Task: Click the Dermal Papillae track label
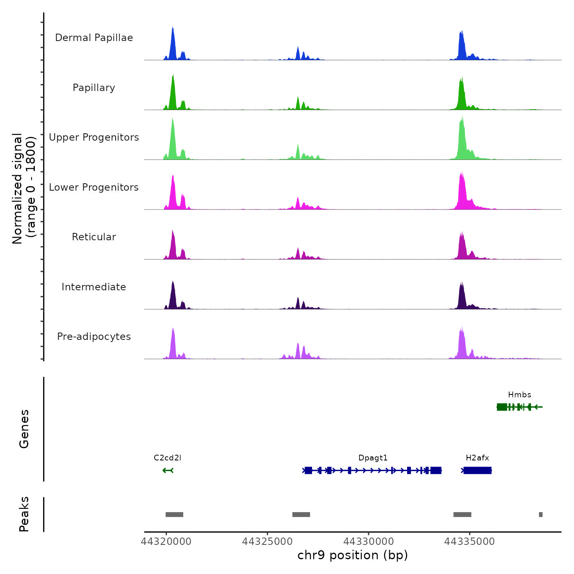pos(94,38)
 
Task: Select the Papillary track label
pos(94,88)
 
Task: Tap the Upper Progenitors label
pos(94,137)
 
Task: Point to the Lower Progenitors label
pos(94,187)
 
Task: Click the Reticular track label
pos(94,237)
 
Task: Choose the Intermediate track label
pos(94,287)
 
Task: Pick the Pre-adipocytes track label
pos(94,337)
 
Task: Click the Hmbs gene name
pos(519,395)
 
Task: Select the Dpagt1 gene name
pos(373,458)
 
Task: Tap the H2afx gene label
pos(477,458)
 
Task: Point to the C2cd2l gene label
pos(167,458)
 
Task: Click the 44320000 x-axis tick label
pos(166,542)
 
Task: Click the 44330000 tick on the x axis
pos(369,542)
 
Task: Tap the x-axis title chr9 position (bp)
pos(353,555)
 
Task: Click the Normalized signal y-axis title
pos(24,188)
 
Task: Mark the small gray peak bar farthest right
pos(541,515)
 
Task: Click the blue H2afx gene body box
pos(478,470)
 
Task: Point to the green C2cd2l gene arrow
pos(168,470)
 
